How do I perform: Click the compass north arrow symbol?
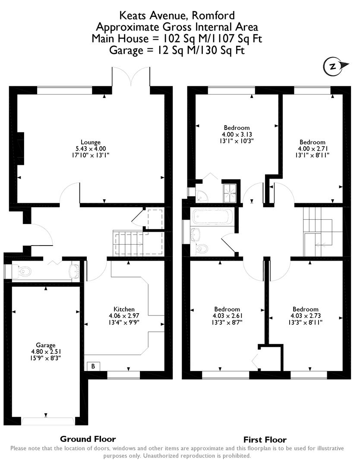(333, 66)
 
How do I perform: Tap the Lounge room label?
(91, 142)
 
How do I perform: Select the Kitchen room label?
(124, 309)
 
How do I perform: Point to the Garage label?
(46, 345)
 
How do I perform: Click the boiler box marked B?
(93, 366)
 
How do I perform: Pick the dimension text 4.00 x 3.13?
(237, 134)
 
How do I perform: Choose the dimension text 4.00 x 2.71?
(313, 148)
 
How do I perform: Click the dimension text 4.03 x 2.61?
(227, 315)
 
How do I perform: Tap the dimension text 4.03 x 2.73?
(305, 315)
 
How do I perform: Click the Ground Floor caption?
(88, 439)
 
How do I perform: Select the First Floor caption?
(265, 440)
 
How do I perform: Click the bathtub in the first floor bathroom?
(213, 216)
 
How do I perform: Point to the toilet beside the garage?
(24, 271)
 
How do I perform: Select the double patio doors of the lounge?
(131, 78)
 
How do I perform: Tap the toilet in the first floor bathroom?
(202, 248)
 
